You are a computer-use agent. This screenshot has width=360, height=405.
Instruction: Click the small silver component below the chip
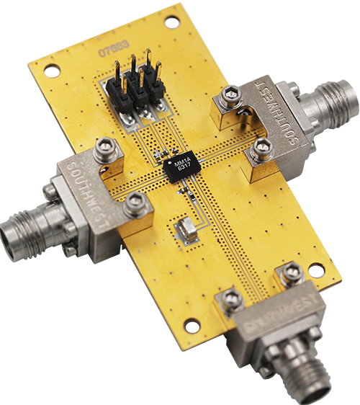click(185, 229)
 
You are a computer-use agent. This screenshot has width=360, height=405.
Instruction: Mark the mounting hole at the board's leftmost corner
click(51, 71)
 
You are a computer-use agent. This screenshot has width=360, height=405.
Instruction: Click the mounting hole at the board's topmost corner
click(171, 22)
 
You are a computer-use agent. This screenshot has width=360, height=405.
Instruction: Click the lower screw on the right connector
click(262, 148)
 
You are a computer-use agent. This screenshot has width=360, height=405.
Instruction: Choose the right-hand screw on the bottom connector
click(291, 272)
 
